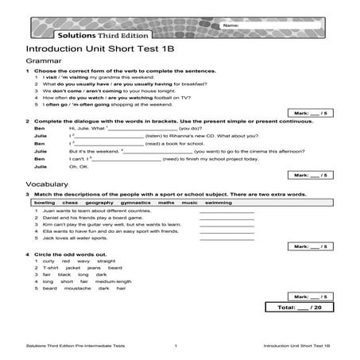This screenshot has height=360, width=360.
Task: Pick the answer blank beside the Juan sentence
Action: coord(226,212)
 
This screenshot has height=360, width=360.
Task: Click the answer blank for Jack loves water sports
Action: coord(226,238)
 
